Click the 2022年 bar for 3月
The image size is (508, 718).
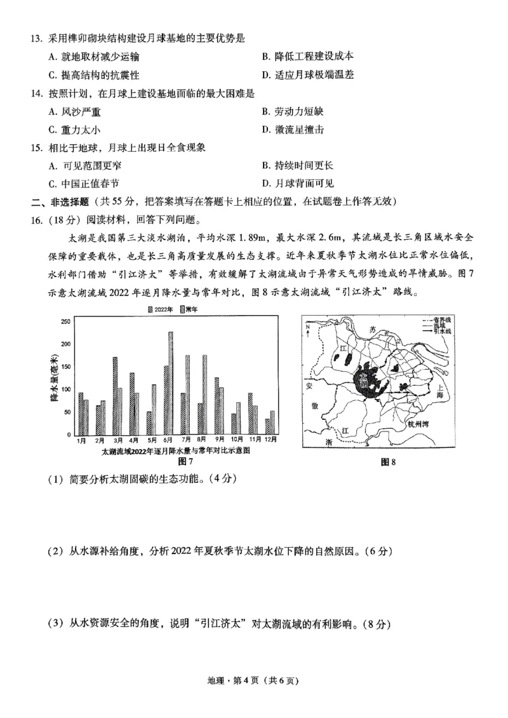coord(115,395)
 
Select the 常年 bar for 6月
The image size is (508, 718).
coord(171,383)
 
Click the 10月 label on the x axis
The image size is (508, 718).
coord(236,440)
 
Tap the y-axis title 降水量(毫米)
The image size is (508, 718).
coord(54,379)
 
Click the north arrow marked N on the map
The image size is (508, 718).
coord(309,329)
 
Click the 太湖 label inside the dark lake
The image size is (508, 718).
coord(363,380)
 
